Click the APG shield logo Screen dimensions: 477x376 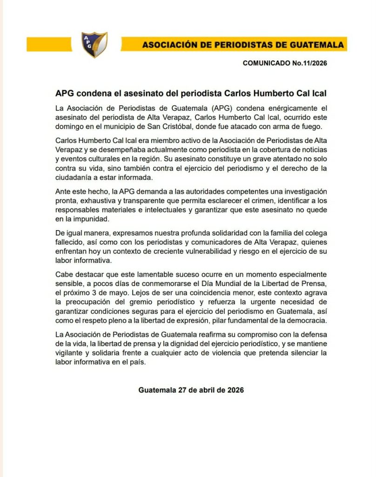pyautogui.click(x=94, y=44)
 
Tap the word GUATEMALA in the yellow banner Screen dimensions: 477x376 pyautogui.click(x=319, y=45)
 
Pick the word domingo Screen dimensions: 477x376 pyautogui.click(x=69, y=127)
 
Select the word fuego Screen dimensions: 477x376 pyautogui.click(x=309, y=127)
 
